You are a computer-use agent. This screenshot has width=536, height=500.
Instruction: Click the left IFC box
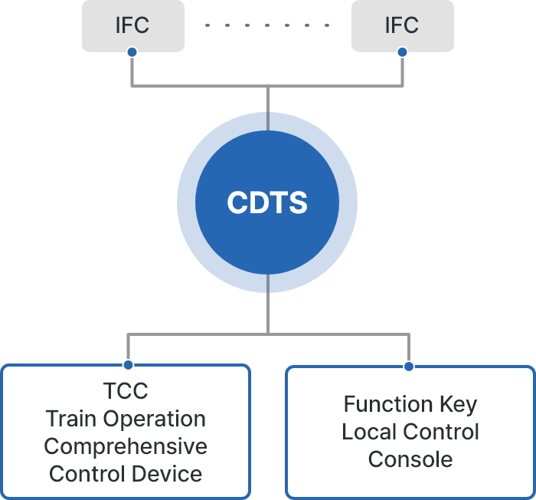point(132,25)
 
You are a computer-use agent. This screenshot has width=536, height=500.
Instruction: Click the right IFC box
point(402,25)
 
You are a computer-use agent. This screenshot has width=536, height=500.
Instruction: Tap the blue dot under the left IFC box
point(132,52)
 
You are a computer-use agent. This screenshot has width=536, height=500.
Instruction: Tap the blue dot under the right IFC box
point(402,52)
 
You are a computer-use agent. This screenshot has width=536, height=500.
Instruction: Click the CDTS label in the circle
point(267,203)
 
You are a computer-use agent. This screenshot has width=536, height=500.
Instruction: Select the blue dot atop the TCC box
point(128,365)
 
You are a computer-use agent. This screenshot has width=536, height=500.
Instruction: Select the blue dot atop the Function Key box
point(409,366)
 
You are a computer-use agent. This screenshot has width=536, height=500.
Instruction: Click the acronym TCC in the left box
point(126,391)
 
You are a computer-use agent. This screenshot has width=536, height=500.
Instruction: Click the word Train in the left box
point(72,419)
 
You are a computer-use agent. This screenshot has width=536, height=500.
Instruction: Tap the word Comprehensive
point(126,446)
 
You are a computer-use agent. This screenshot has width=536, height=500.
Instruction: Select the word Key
point(458,405)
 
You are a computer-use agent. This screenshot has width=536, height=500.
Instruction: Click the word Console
point(410,459)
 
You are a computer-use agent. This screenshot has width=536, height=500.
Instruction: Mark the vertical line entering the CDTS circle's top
point(267,104)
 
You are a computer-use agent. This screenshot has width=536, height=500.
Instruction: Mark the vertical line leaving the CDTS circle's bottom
point(267,307)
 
